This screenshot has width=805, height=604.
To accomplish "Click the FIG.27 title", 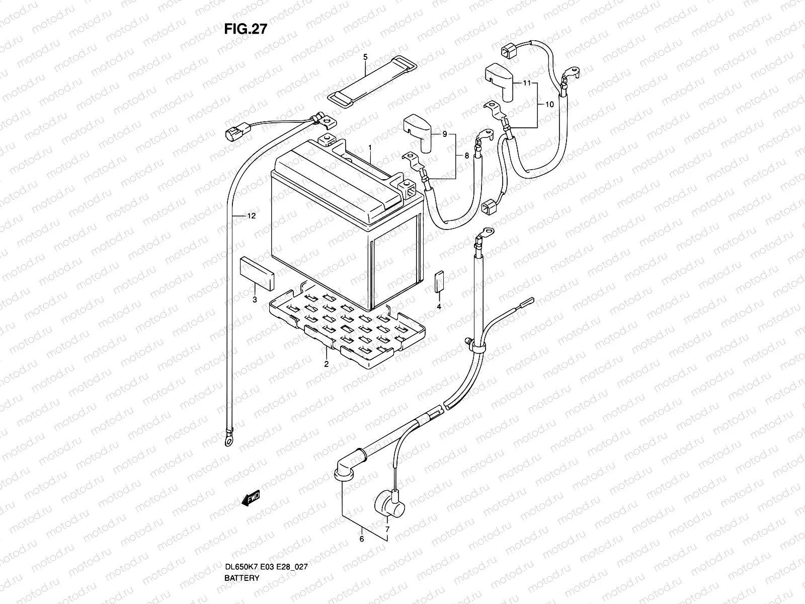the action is [x=246, y=29].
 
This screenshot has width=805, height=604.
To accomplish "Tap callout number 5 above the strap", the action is [x=365, y=57].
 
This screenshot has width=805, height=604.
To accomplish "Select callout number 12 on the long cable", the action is [x=251, y=216].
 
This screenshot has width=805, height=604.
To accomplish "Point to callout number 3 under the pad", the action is [x=255, y=299].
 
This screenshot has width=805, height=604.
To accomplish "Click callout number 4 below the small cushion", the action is [x=439, y=306].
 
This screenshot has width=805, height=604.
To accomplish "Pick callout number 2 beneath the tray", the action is [x=326, y=364].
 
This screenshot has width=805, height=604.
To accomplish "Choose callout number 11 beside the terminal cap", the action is [x=527, y=83].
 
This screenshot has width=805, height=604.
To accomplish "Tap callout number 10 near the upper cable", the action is [x=549, y=105].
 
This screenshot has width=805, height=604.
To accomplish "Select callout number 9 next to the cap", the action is [x=444, y=134].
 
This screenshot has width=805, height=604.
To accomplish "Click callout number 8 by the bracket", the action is [x=466, y=156].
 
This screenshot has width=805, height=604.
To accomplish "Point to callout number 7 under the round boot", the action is [x=387, y=530].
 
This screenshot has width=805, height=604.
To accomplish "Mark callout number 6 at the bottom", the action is [x=362, y=539].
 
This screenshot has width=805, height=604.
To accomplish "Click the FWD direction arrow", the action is [x=251, y=498].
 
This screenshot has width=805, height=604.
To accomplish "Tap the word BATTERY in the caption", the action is [x=242, y=578].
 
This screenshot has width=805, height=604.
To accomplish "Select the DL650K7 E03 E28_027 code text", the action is [x=266, y=567].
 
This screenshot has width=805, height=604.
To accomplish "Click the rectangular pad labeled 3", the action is [x=257, y=274].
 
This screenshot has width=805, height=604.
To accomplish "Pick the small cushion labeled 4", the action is [x=439, y=282].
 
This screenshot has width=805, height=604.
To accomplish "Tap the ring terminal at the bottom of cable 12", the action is [x=229, y=441].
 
